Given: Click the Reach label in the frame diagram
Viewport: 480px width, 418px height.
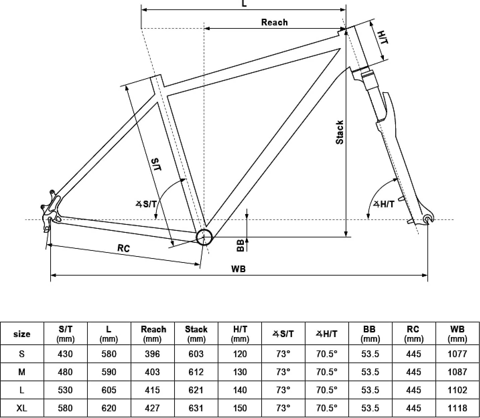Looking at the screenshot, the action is pos(274,22).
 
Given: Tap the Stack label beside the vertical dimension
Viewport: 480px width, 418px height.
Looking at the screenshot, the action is pos(339,132).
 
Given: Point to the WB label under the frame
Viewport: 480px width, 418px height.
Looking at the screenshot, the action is pos(238,269).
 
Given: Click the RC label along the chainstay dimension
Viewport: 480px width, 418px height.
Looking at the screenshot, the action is pos(124,248).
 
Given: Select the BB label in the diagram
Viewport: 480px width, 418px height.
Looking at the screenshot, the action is pos(240,245).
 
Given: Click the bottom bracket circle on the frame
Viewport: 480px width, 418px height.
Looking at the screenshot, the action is pos(204,237).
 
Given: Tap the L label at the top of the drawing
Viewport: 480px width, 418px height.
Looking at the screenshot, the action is pos(244,3).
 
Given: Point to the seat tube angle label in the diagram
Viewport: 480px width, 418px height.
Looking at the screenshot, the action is pos(146,204).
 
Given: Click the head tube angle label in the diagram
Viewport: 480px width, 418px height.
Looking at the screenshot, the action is pos(384,204).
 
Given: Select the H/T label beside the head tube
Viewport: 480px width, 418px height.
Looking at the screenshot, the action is pos(383,37).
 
